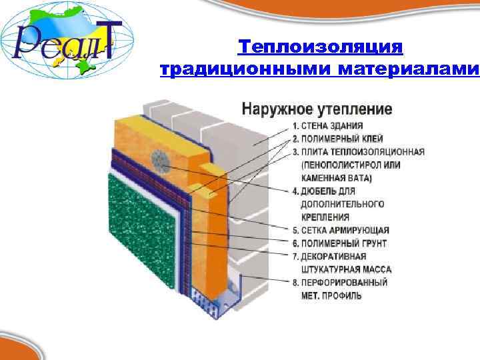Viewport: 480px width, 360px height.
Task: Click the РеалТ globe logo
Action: [67, 40]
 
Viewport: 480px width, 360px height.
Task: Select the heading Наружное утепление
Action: [316, 108]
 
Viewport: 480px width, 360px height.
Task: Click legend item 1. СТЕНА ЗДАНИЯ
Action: [328, 126]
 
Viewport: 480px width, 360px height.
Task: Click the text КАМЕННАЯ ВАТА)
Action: [337, 178]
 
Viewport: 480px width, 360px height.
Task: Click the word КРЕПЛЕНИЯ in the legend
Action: [325, 217]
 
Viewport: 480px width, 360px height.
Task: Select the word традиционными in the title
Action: [247, 69]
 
